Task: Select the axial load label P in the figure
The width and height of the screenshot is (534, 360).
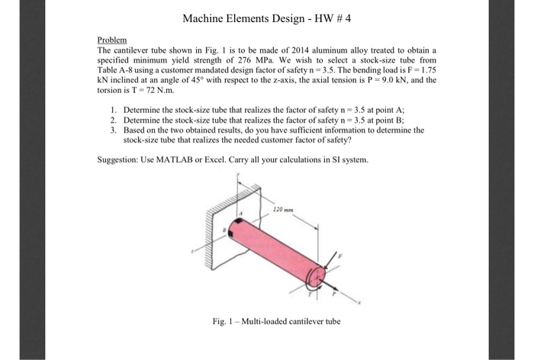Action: tap(334, 296)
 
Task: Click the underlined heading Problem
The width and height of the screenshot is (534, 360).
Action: tap(111, 38)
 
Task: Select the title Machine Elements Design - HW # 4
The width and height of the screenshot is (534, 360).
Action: tap(266, 17)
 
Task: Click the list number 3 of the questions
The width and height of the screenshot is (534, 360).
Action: tap(112, 130)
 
